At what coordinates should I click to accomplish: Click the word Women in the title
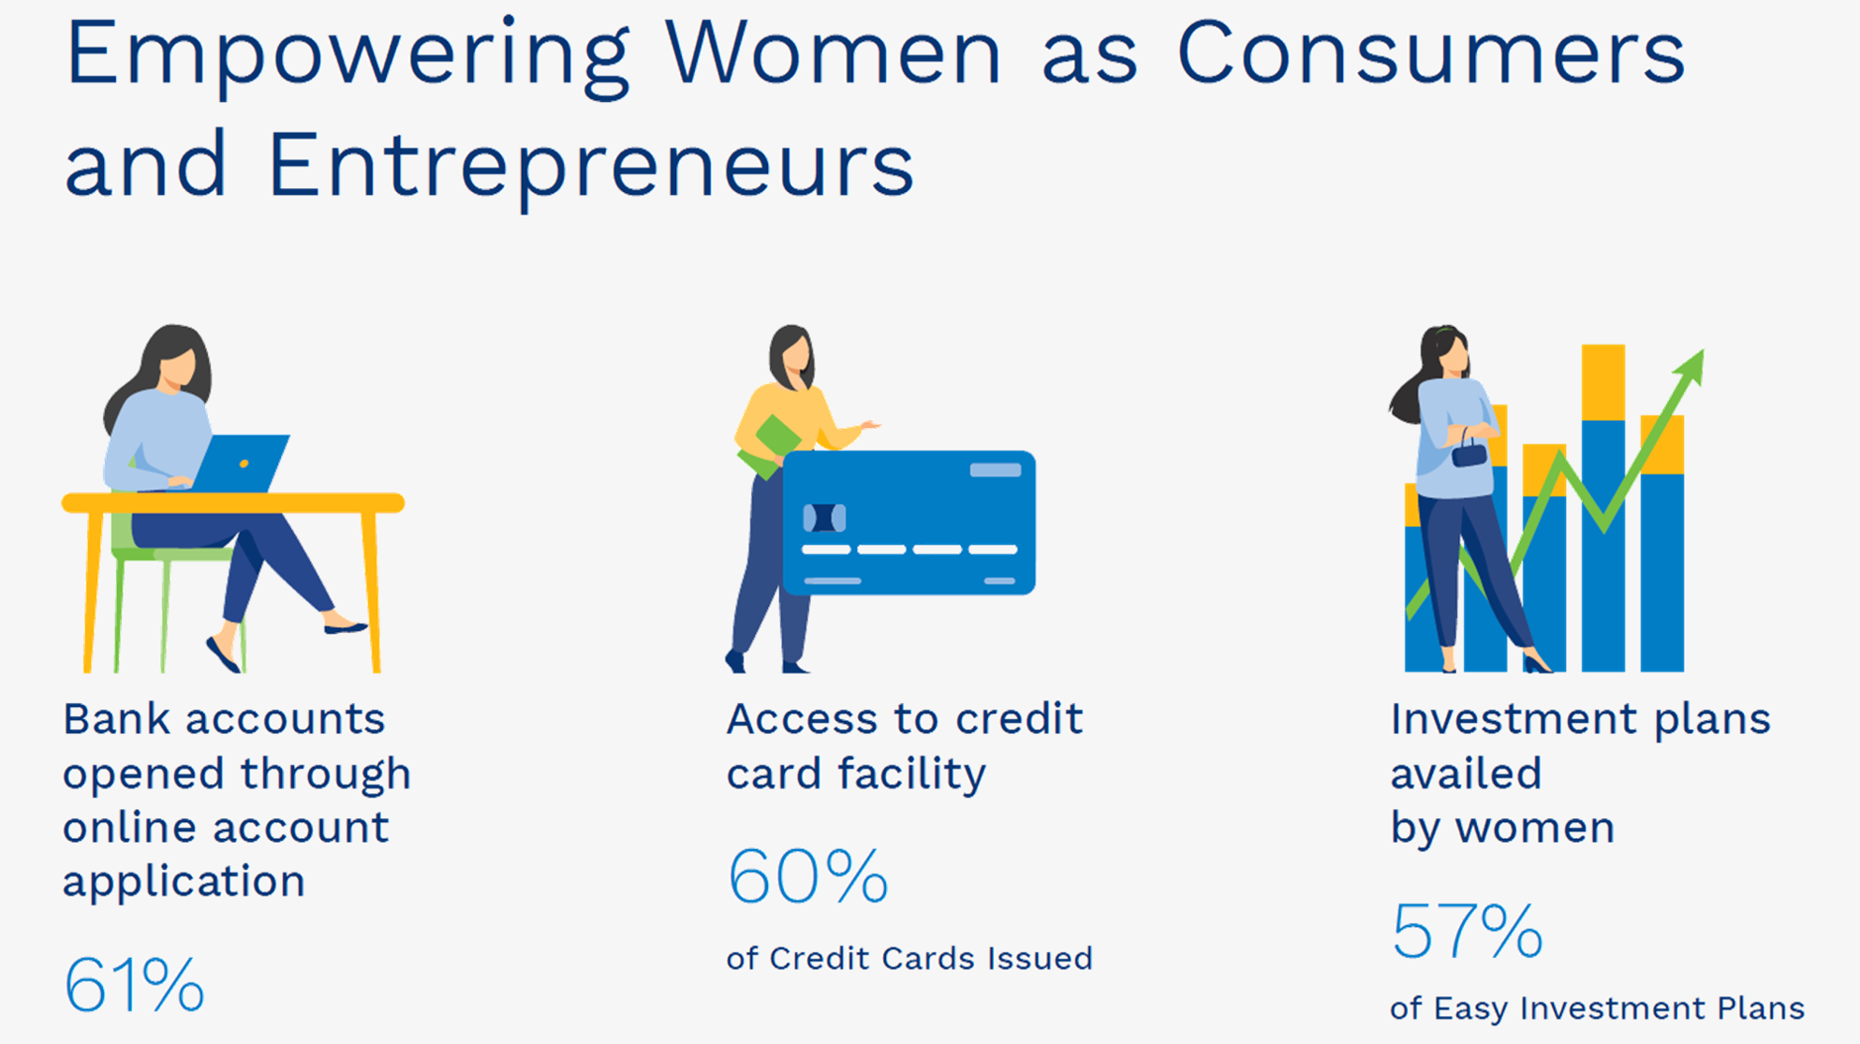834,54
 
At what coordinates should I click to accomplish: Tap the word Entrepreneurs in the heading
591,165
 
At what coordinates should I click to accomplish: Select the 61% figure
134,985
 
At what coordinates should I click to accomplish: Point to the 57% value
1467,931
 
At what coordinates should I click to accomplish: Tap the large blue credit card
908,522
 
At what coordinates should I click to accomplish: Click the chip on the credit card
824,518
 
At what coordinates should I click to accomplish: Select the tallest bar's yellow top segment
1603,382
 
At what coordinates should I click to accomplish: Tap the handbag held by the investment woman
1469,452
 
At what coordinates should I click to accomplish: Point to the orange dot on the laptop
244,463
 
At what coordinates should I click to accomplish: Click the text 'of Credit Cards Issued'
909,958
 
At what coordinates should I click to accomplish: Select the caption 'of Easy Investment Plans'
1597,1007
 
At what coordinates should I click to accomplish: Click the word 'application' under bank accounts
184,882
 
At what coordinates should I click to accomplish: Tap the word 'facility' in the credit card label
911,774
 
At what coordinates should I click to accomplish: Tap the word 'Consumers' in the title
1431,54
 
